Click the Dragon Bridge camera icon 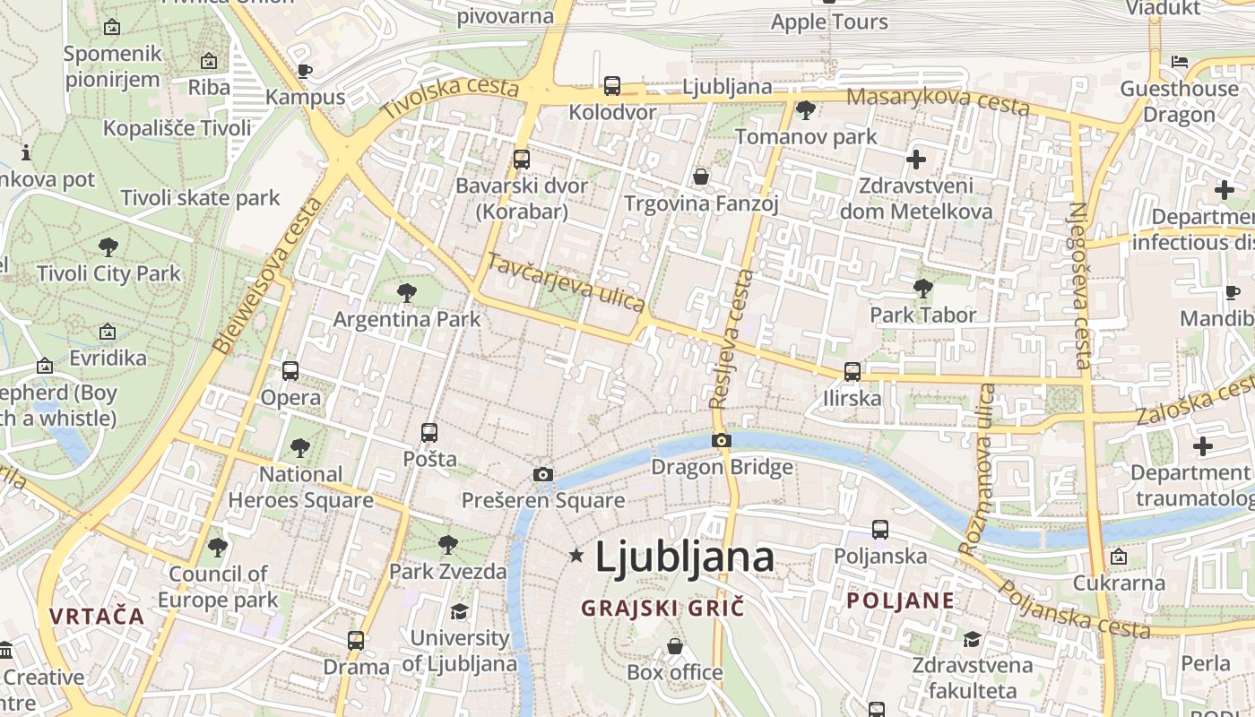coord(722,440)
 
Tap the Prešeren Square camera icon coord(542,474)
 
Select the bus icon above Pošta coord(429,433)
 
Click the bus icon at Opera coord(290,370)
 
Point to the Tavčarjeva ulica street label coord(566,282)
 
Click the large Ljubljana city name coord(684,557)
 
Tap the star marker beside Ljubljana coord(576,557)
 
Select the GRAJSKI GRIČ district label coord(662,608)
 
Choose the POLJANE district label coord(901,600)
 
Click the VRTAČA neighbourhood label coord(97,617)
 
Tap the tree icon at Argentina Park coord(407,292)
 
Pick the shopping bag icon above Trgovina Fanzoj coord(701,177)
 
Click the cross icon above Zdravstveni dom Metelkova coord(915,160)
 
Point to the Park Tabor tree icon coord(922,289)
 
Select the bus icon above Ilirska coord(852,371)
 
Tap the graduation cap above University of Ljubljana coord(459,611)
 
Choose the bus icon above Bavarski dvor coord(521,160)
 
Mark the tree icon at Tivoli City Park coord(108,246)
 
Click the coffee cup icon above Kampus coord(304,71)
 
